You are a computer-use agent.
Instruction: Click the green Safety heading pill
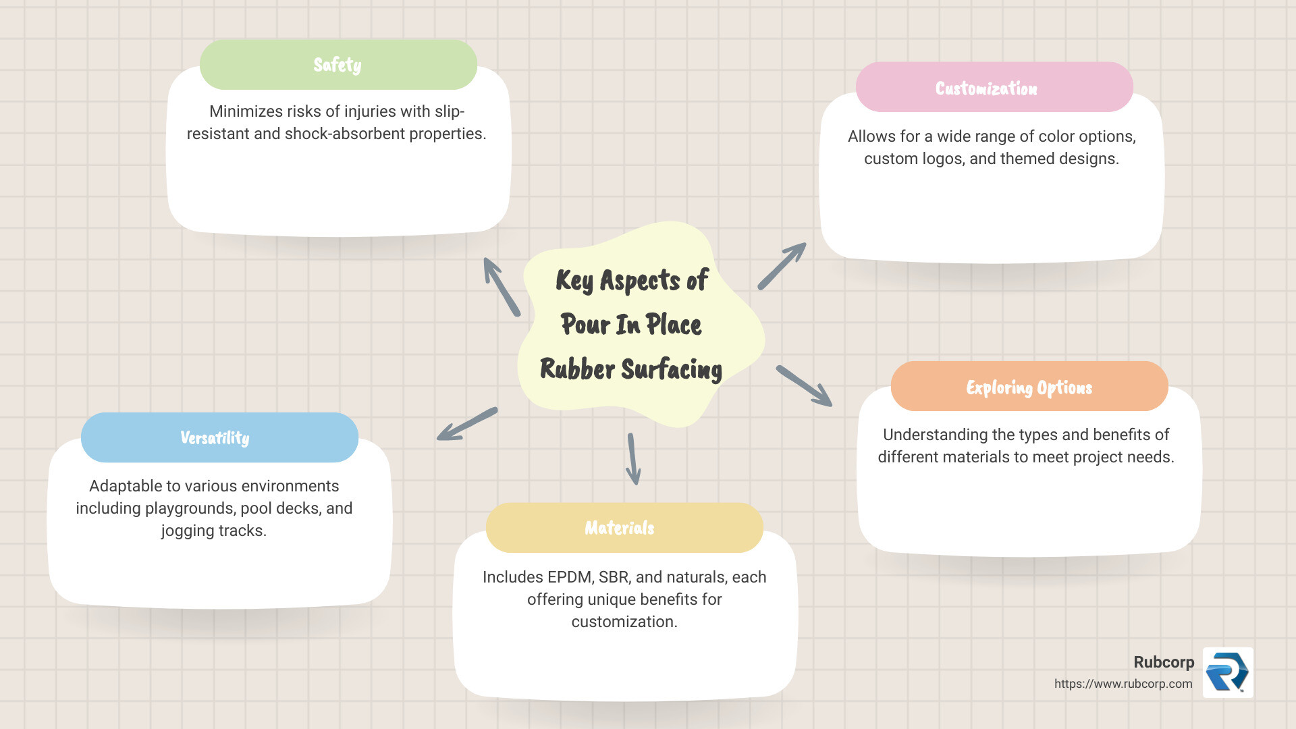click(x=338, y=65)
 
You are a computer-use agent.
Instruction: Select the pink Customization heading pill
click(x=994, y=88)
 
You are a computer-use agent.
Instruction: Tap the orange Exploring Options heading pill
click(x=1029, y=387)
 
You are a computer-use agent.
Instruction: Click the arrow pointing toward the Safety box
click(x=502, y=286)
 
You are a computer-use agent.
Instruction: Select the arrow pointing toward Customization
click(x=782, y=266)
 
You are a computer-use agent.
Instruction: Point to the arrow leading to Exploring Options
click(x=804, y=386)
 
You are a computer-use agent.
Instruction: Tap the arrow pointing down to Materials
click(x=633, y=459)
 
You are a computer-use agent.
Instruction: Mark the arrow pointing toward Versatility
click(x=467, y=424)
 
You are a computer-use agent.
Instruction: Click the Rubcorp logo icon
click(x=1228, y=672)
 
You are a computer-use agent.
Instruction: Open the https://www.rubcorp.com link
click(x=1123, y=684)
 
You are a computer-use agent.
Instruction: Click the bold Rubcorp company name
click(x=1164, y=662)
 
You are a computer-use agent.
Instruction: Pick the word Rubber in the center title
click(x=577, y=369)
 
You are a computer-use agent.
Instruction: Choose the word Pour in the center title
click(x=585, y=325)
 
